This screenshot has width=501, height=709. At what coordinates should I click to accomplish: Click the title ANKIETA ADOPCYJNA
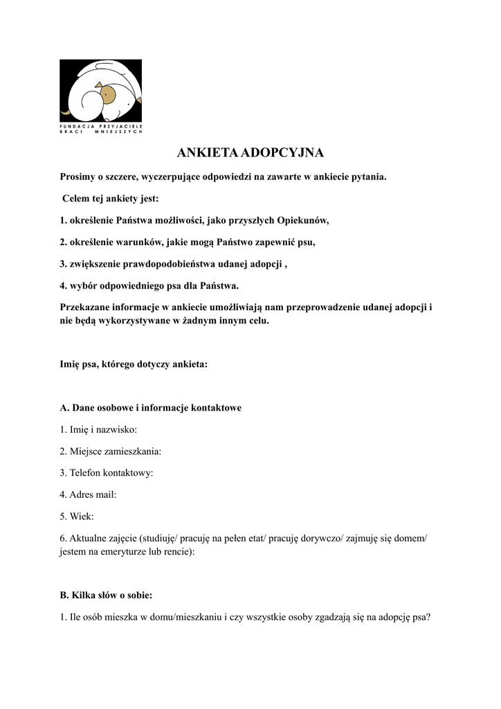point(250,152)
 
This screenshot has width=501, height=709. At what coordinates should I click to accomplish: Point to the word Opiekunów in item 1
point(302,221)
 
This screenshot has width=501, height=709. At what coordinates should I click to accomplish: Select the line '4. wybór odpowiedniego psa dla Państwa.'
point(149,285)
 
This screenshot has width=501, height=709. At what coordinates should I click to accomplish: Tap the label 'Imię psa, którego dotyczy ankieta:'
point(134,364)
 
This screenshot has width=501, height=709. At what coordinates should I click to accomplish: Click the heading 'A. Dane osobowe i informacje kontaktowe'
point(151,408)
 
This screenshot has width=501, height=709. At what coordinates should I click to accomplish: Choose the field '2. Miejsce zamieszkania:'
point(111,451)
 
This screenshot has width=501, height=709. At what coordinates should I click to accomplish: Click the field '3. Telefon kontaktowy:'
point(107,473)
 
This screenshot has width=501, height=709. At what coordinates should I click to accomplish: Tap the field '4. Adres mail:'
point(88,494)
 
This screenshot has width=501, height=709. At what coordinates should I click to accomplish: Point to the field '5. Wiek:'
point(77,517)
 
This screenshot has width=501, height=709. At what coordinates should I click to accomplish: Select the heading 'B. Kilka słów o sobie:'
point(107,595)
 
